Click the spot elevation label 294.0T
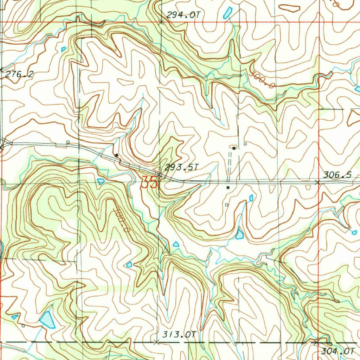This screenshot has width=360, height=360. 180,15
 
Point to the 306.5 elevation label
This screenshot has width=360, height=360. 337,175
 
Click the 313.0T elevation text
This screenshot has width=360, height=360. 179,335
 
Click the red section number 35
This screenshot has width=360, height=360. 148,182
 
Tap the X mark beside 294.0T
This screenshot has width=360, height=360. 161,22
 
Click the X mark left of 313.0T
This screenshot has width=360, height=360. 157,342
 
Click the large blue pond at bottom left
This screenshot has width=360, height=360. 47,320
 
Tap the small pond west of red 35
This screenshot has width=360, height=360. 101,181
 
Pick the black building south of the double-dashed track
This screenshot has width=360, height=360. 228,187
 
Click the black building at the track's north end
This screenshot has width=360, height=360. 234,148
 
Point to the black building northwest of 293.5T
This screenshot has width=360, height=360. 116,155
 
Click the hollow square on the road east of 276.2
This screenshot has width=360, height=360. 68,142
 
